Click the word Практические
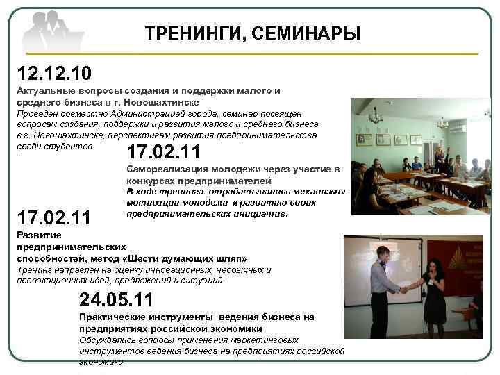[110, 317]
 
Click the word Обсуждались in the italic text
[107, 340]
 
